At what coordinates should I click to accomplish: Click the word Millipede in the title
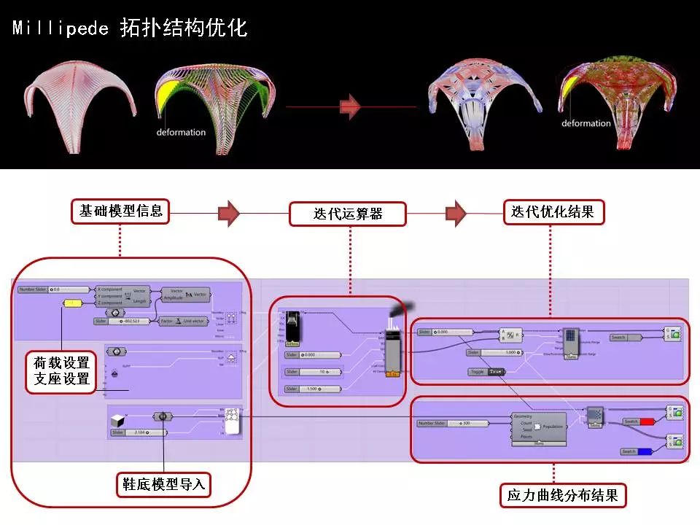61,28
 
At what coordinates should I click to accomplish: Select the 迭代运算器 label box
349,214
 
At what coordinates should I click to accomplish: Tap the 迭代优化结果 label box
553,212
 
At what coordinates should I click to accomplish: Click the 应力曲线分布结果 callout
562,495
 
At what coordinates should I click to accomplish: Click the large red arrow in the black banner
351,106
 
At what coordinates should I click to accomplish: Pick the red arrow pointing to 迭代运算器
229,213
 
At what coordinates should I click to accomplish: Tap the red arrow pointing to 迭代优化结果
456,213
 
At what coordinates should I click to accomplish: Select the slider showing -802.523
122,321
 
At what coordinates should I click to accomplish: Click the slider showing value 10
313,372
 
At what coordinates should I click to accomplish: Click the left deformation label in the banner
181,132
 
